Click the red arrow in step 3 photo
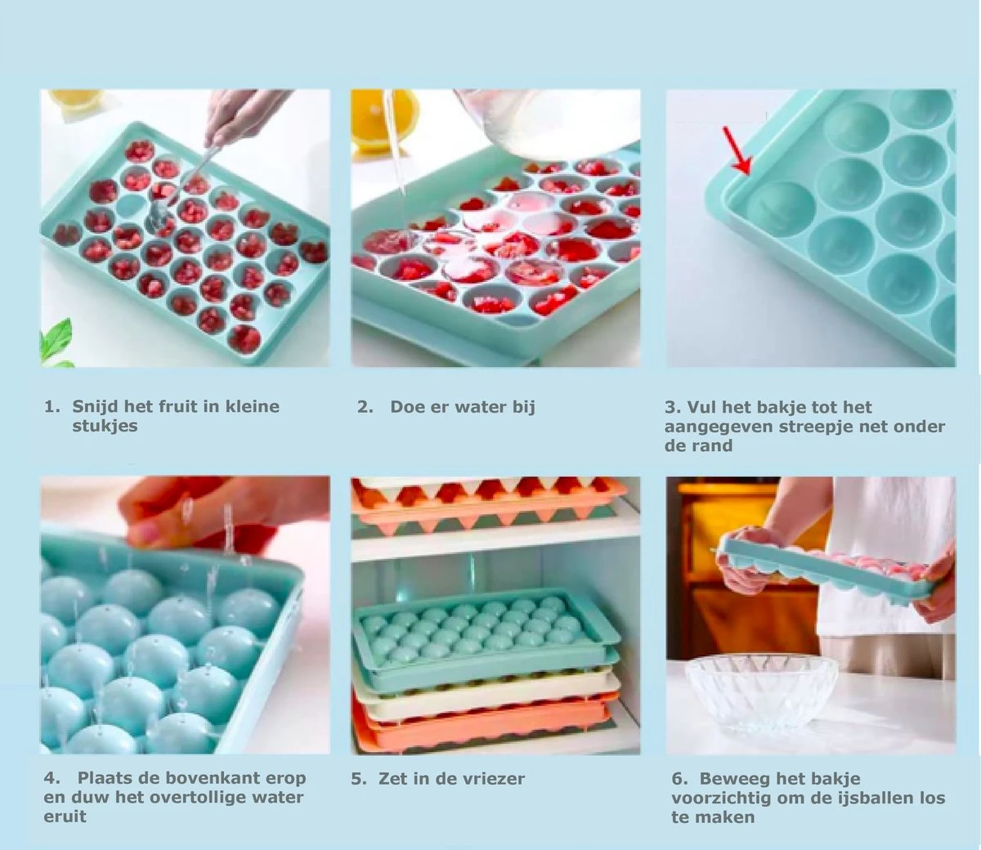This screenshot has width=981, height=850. pyautogui.click(x=737, y=151)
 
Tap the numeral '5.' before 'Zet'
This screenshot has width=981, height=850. pyautogui.click(x=359, y=779)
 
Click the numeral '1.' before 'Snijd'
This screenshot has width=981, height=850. pyautogui.click(x=52, y=407)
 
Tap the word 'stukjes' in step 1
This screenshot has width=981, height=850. pyautogui.click(x=105, y=427)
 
